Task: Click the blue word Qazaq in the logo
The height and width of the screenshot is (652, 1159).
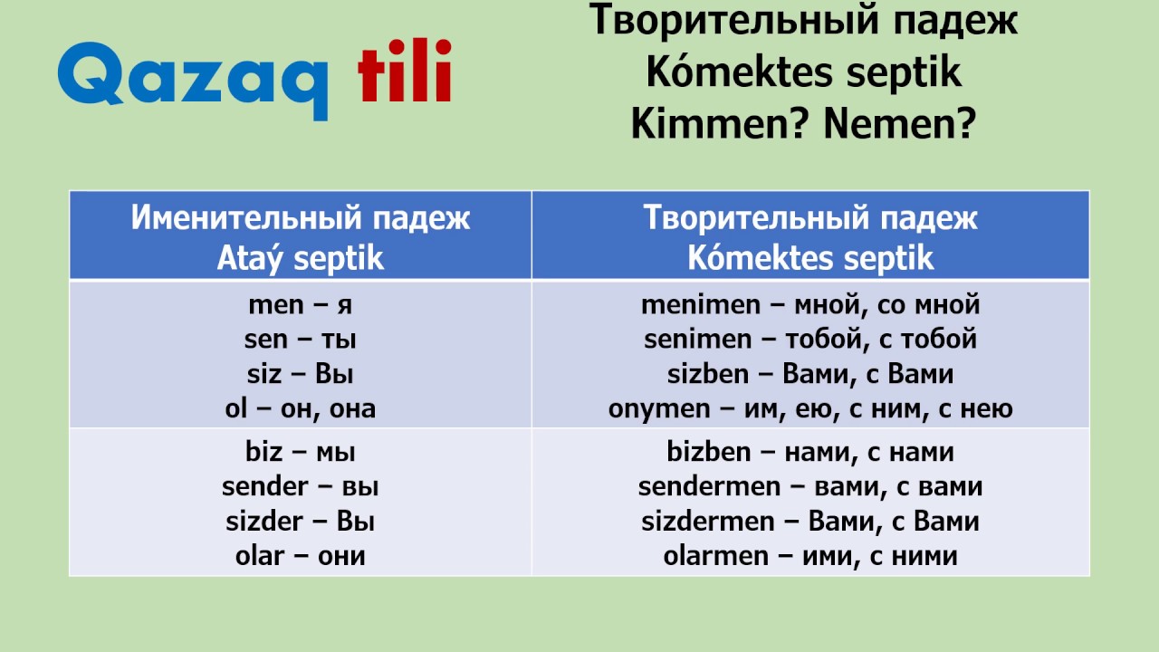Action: (192, 77)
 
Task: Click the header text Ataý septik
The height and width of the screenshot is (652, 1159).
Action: (301, 259)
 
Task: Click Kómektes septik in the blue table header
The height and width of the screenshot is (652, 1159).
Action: (810, 259)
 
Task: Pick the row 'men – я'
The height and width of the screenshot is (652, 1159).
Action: (301, 305)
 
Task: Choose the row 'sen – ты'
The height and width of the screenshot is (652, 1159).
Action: (301, 340)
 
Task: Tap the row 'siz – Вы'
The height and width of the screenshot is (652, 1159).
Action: (301, 374)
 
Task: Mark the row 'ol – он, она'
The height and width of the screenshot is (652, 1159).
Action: (301, 408)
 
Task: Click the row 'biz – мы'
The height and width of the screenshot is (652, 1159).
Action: (301, 452)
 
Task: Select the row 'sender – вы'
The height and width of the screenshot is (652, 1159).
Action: (301, 486)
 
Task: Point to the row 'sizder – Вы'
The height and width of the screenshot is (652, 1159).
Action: (301, 522)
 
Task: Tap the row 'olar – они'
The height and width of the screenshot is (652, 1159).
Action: (301, 555)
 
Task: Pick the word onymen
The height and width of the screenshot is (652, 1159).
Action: (659, 408)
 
